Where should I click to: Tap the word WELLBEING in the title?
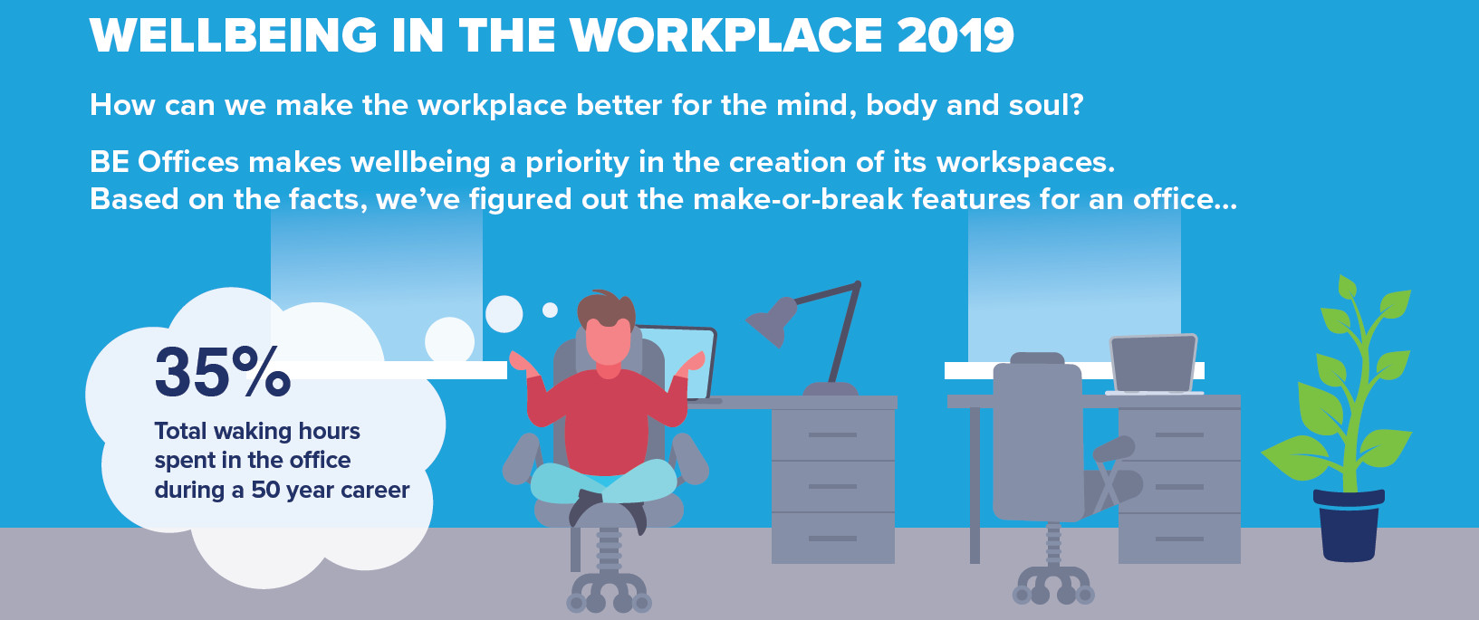click(233, 35)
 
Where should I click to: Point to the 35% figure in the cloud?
click(223, 373)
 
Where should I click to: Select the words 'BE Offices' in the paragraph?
click(164, 162)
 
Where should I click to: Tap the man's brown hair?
click(606, 309)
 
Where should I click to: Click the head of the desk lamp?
click(772, 321)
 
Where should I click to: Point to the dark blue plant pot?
click(1349, 526)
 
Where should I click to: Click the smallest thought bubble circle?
click(550, 310)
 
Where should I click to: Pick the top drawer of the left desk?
click(832, 434)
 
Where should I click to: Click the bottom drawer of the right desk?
click(1179, 539)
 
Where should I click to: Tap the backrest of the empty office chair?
click(1037, 439)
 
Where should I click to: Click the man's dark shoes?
click(608, 508)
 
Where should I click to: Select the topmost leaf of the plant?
click(1346, 287)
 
